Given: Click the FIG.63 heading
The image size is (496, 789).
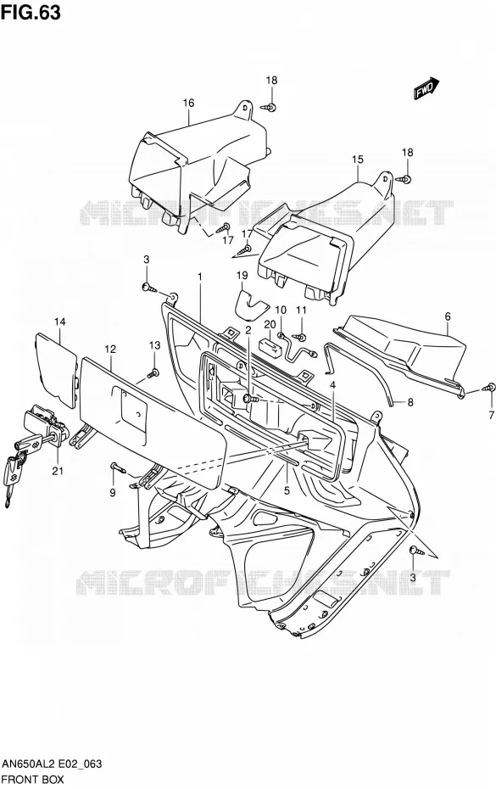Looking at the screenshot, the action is (31, 12).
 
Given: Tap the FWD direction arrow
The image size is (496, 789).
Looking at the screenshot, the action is (426, 88).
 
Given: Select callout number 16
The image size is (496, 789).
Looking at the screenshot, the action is (188, 103).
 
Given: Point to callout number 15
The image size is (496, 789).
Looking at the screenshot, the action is (357, 159).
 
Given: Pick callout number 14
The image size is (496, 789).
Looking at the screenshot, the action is (60, 322).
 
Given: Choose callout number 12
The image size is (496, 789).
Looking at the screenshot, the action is (110, 349).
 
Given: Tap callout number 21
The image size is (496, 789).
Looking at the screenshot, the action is (58, 471).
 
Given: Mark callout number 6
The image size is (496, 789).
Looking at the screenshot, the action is (447, 316).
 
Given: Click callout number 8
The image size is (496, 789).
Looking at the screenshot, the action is (410, 402).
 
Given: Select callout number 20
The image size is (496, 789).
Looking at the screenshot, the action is (270, 324).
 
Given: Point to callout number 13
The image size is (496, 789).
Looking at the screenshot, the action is (154, 345).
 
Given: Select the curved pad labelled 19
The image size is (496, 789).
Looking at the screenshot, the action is (252, 305).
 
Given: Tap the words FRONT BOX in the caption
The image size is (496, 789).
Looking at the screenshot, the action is (33, 780).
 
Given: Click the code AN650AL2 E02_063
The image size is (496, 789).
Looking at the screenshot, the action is (52, 764).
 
